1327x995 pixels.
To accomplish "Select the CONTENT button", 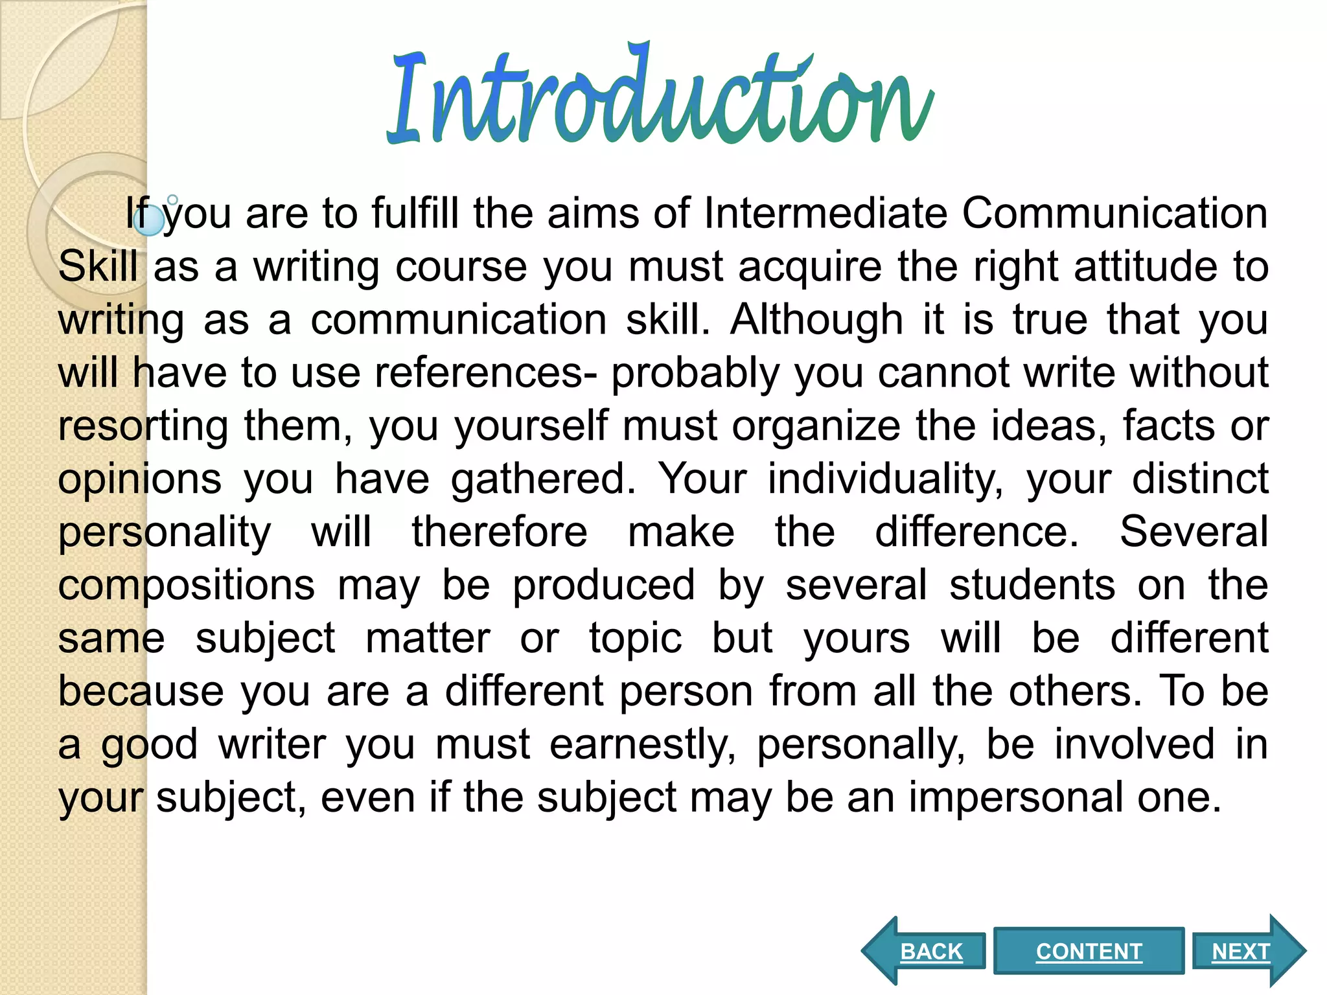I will point(1089,951).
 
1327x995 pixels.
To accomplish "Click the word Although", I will point(816,319).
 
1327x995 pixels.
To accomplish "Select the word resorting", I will point(143,426).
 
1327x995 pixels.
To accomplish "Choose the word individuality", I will point(885,479).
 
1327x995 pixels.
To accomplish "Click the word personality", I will point(165,532).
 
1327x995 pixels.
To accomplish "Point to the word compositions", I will point(187,585).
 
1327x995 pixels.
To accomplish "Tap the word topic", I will point(635,638).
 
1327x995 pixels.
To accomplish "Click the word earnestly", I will point(642,744).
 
